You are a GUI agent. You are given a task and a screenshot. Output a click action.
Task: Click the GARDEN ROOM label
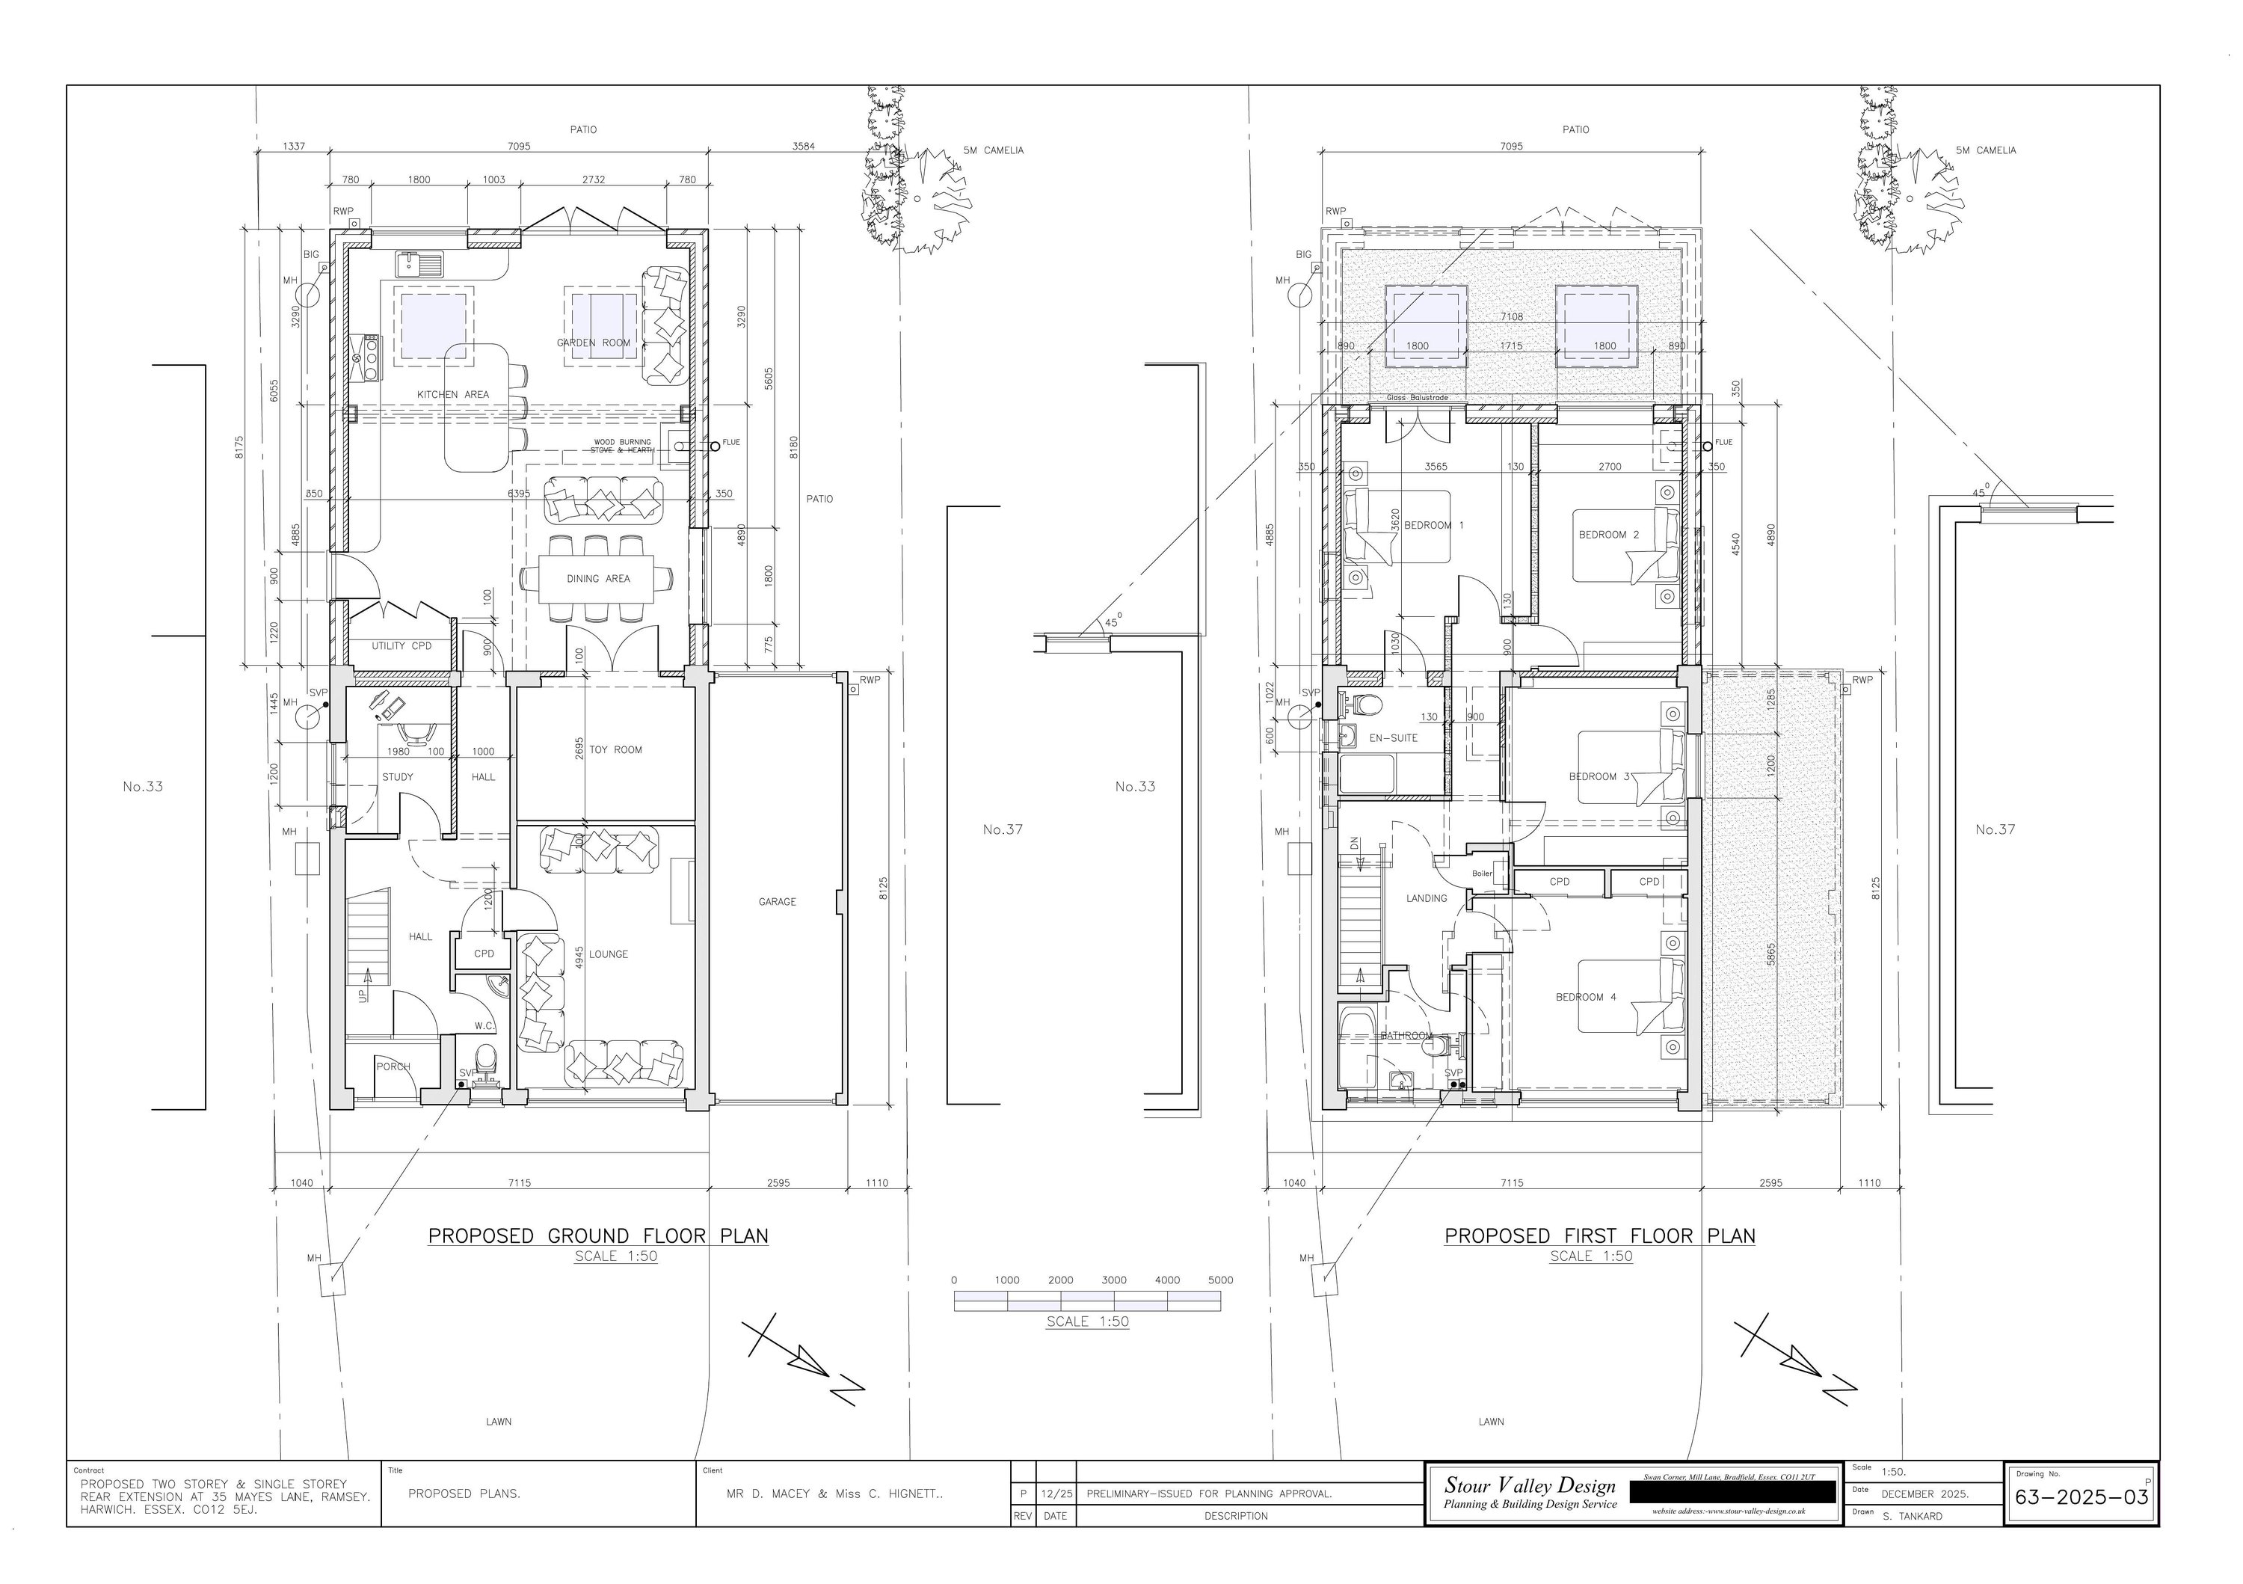click(593, 343)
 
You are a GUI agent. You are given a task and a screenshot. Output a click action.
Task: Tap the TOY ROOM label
click(615, 750)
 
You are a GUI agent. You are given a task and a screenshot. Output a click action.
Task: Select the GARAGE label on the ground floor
click(778, 902)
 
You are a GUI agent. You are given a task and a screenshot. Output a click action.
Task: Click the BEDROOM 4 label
click(1586, 997)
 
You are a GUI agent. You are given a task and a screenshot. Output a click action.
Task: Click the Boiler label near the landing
click(1482, 873)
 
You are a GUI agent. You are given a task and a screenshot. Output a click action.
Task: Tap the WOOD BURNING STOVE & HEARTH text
click(622, 446)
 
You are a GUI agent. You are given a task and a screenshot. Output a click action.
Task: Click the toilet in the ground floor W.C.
click(484, 1058)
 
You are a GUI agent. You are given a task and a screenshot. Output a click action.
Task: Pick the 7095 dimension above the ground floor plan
click(519, 147)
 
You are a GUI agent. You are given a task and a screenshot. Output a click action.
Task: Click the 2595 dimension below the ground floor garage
click(778, 1183)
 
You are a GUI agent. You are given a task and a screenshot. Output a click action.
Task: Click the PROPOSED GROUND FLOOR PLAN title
click(598, 1236)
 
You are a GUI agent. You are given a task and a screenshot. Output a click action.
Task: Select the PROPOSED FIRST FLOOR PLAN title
click(1599, 1236)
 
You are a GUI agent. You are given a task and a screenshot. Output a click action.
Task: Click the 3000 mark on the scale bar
click(1114, 1280)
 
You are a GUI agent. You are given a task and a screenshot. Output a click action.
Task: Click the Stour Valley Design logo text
click(1530, 1485)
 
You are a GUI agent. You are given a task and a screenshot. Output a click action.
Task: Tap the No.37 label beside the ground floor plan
click(1003, 829)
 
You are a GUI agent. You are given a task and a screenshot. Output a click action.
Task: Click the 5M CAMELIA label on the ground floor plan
click(993, 150)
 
